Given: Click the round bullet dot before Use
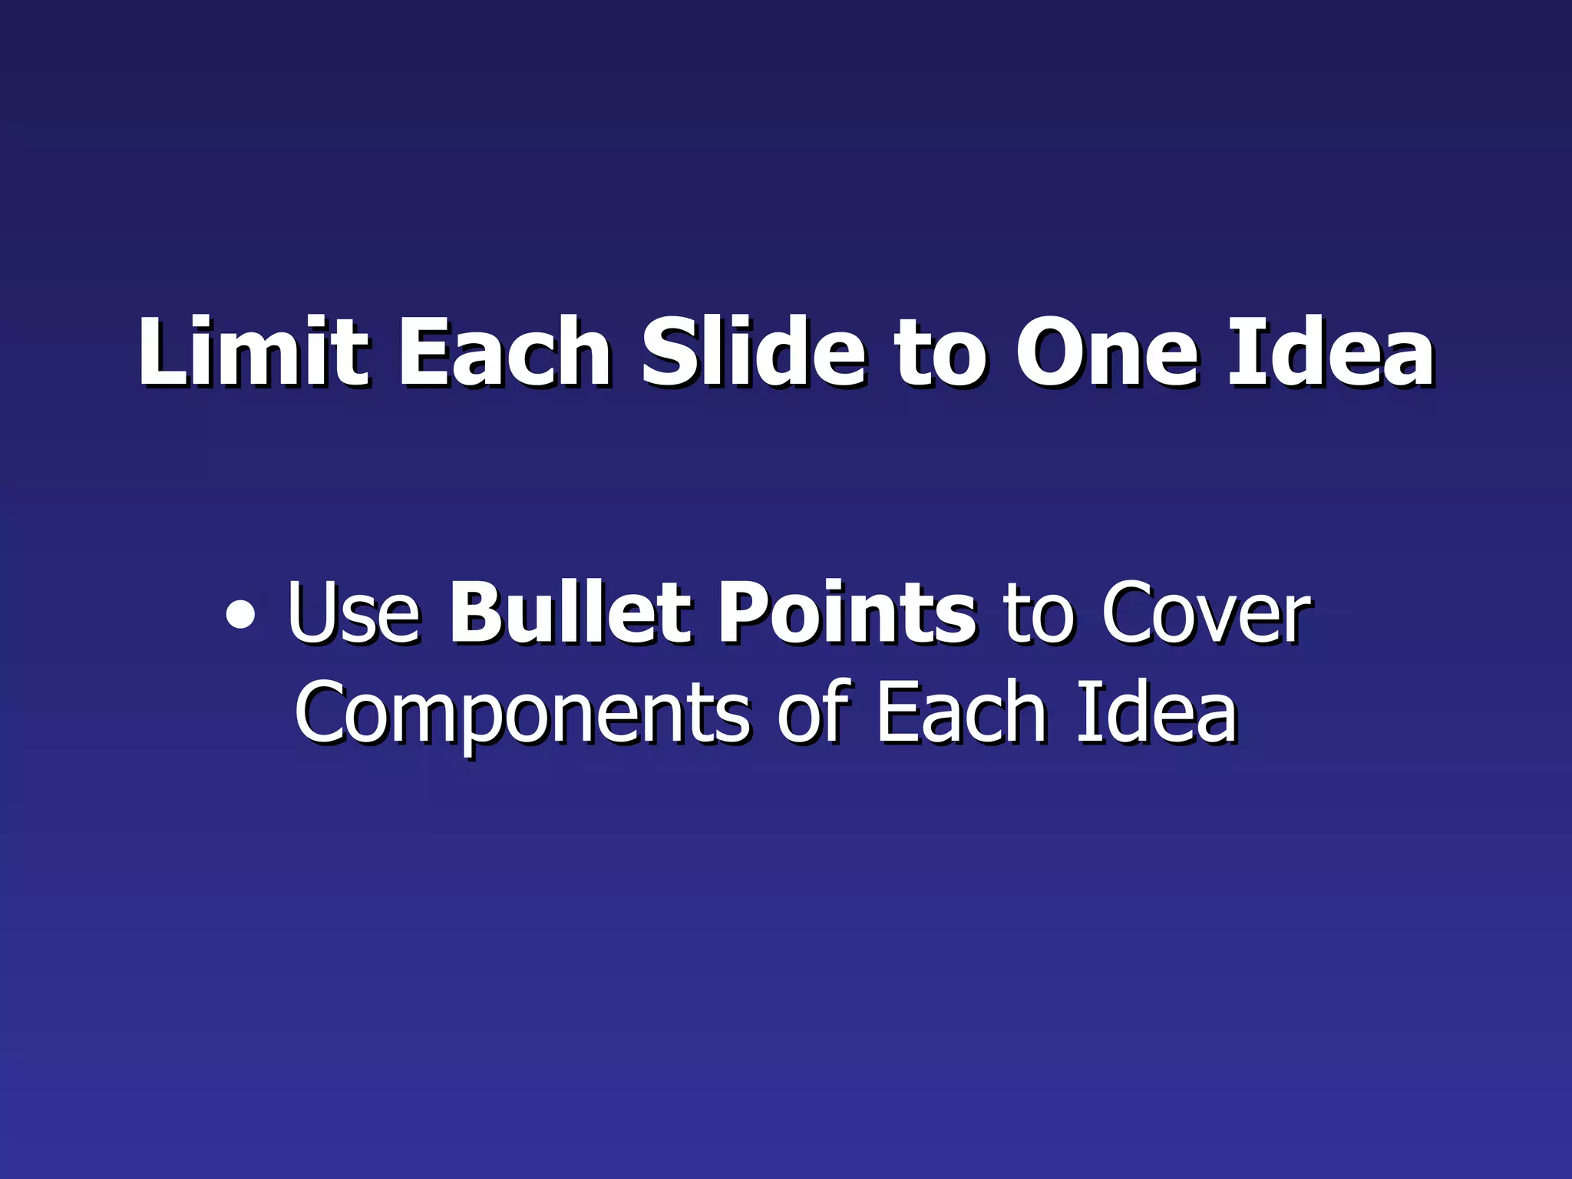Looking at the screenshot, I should (240, 616).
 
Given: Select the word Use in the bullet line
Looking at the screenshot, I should (354, 614).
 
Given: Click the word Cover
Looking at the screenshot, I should (1206, 614).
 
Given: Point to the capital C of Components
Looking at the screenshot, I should (323, 714).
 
